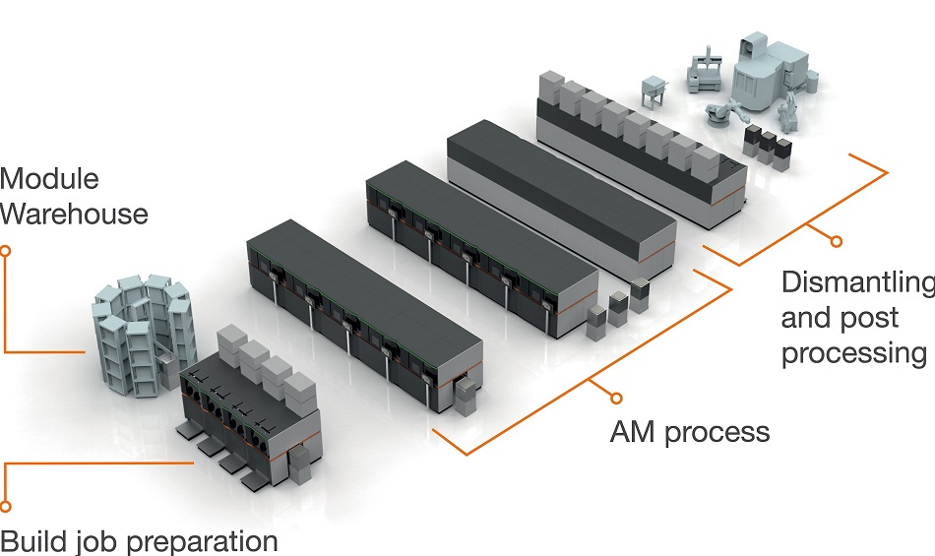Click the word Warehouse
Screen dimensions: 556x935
75,213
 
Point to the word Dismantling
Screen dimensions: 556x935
856,282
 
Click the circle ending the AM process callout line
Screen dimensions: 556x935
617,399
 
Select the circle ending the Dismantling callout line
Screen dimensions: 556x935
837,240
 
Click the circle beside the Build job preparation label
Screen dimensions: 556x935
5,507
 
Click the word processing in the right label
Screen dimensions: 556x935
853,353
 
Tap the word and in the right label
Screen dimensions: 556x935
807,318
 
